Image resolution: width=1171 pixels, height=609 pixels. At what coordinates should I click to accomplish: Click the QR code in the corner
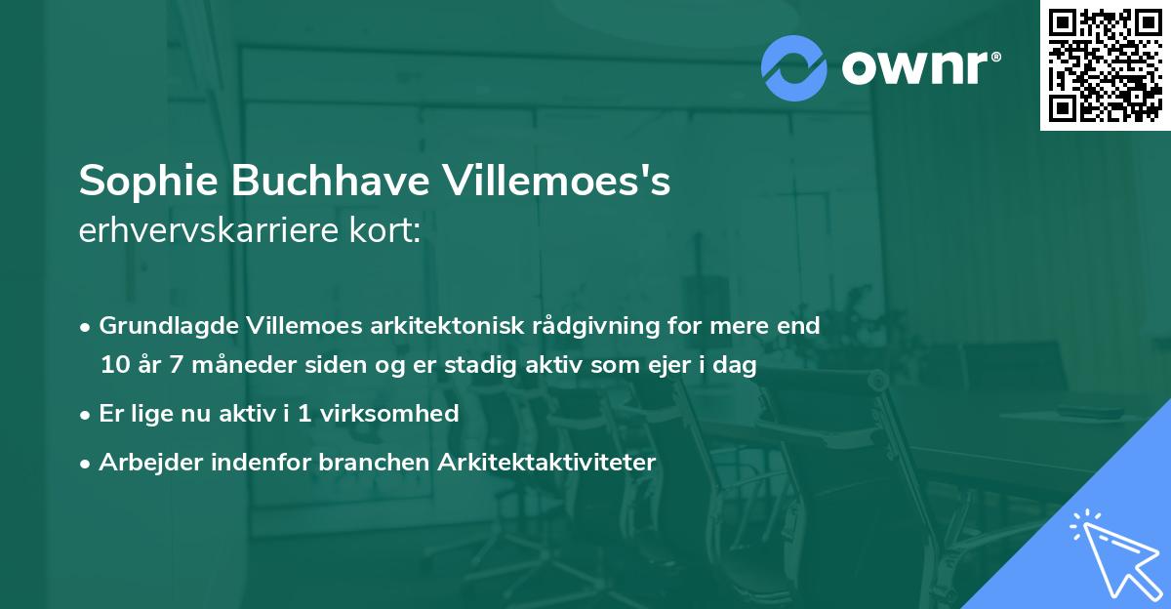tap(1106, 64)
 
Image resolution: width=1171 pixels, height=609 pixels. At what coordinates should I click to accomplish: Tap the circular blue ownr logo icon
tap(793, 67)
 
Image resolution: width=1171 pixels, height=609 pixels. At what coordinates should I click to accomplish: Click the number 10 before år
tap(113, 366)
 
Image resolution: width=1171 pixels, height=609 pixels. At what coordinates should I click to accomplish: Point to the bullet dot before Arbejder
tap(86, 464)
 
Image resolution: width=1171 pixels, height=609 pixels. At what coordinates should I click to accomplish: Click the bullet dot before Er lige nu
tap(86, 415)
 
